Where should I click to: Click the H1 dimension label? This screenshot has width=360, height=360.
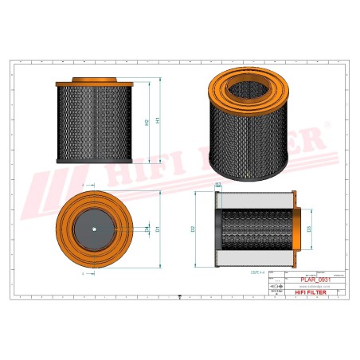157,121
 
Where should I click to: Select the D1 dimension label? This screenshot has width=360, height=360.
158,229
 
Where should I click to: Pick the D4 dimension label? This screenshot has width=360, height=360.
146,229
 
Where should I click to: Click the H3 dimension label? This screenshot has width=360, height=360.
218,184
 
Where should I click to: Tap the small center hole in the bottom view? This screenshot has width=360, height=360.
94,231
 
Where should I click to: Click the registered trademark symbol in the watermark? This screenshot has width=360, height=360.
327,127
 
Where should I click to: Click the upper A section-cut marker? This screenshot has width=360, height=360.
84,186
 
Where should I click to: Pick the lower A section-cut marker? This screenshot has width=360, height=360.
84,272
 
